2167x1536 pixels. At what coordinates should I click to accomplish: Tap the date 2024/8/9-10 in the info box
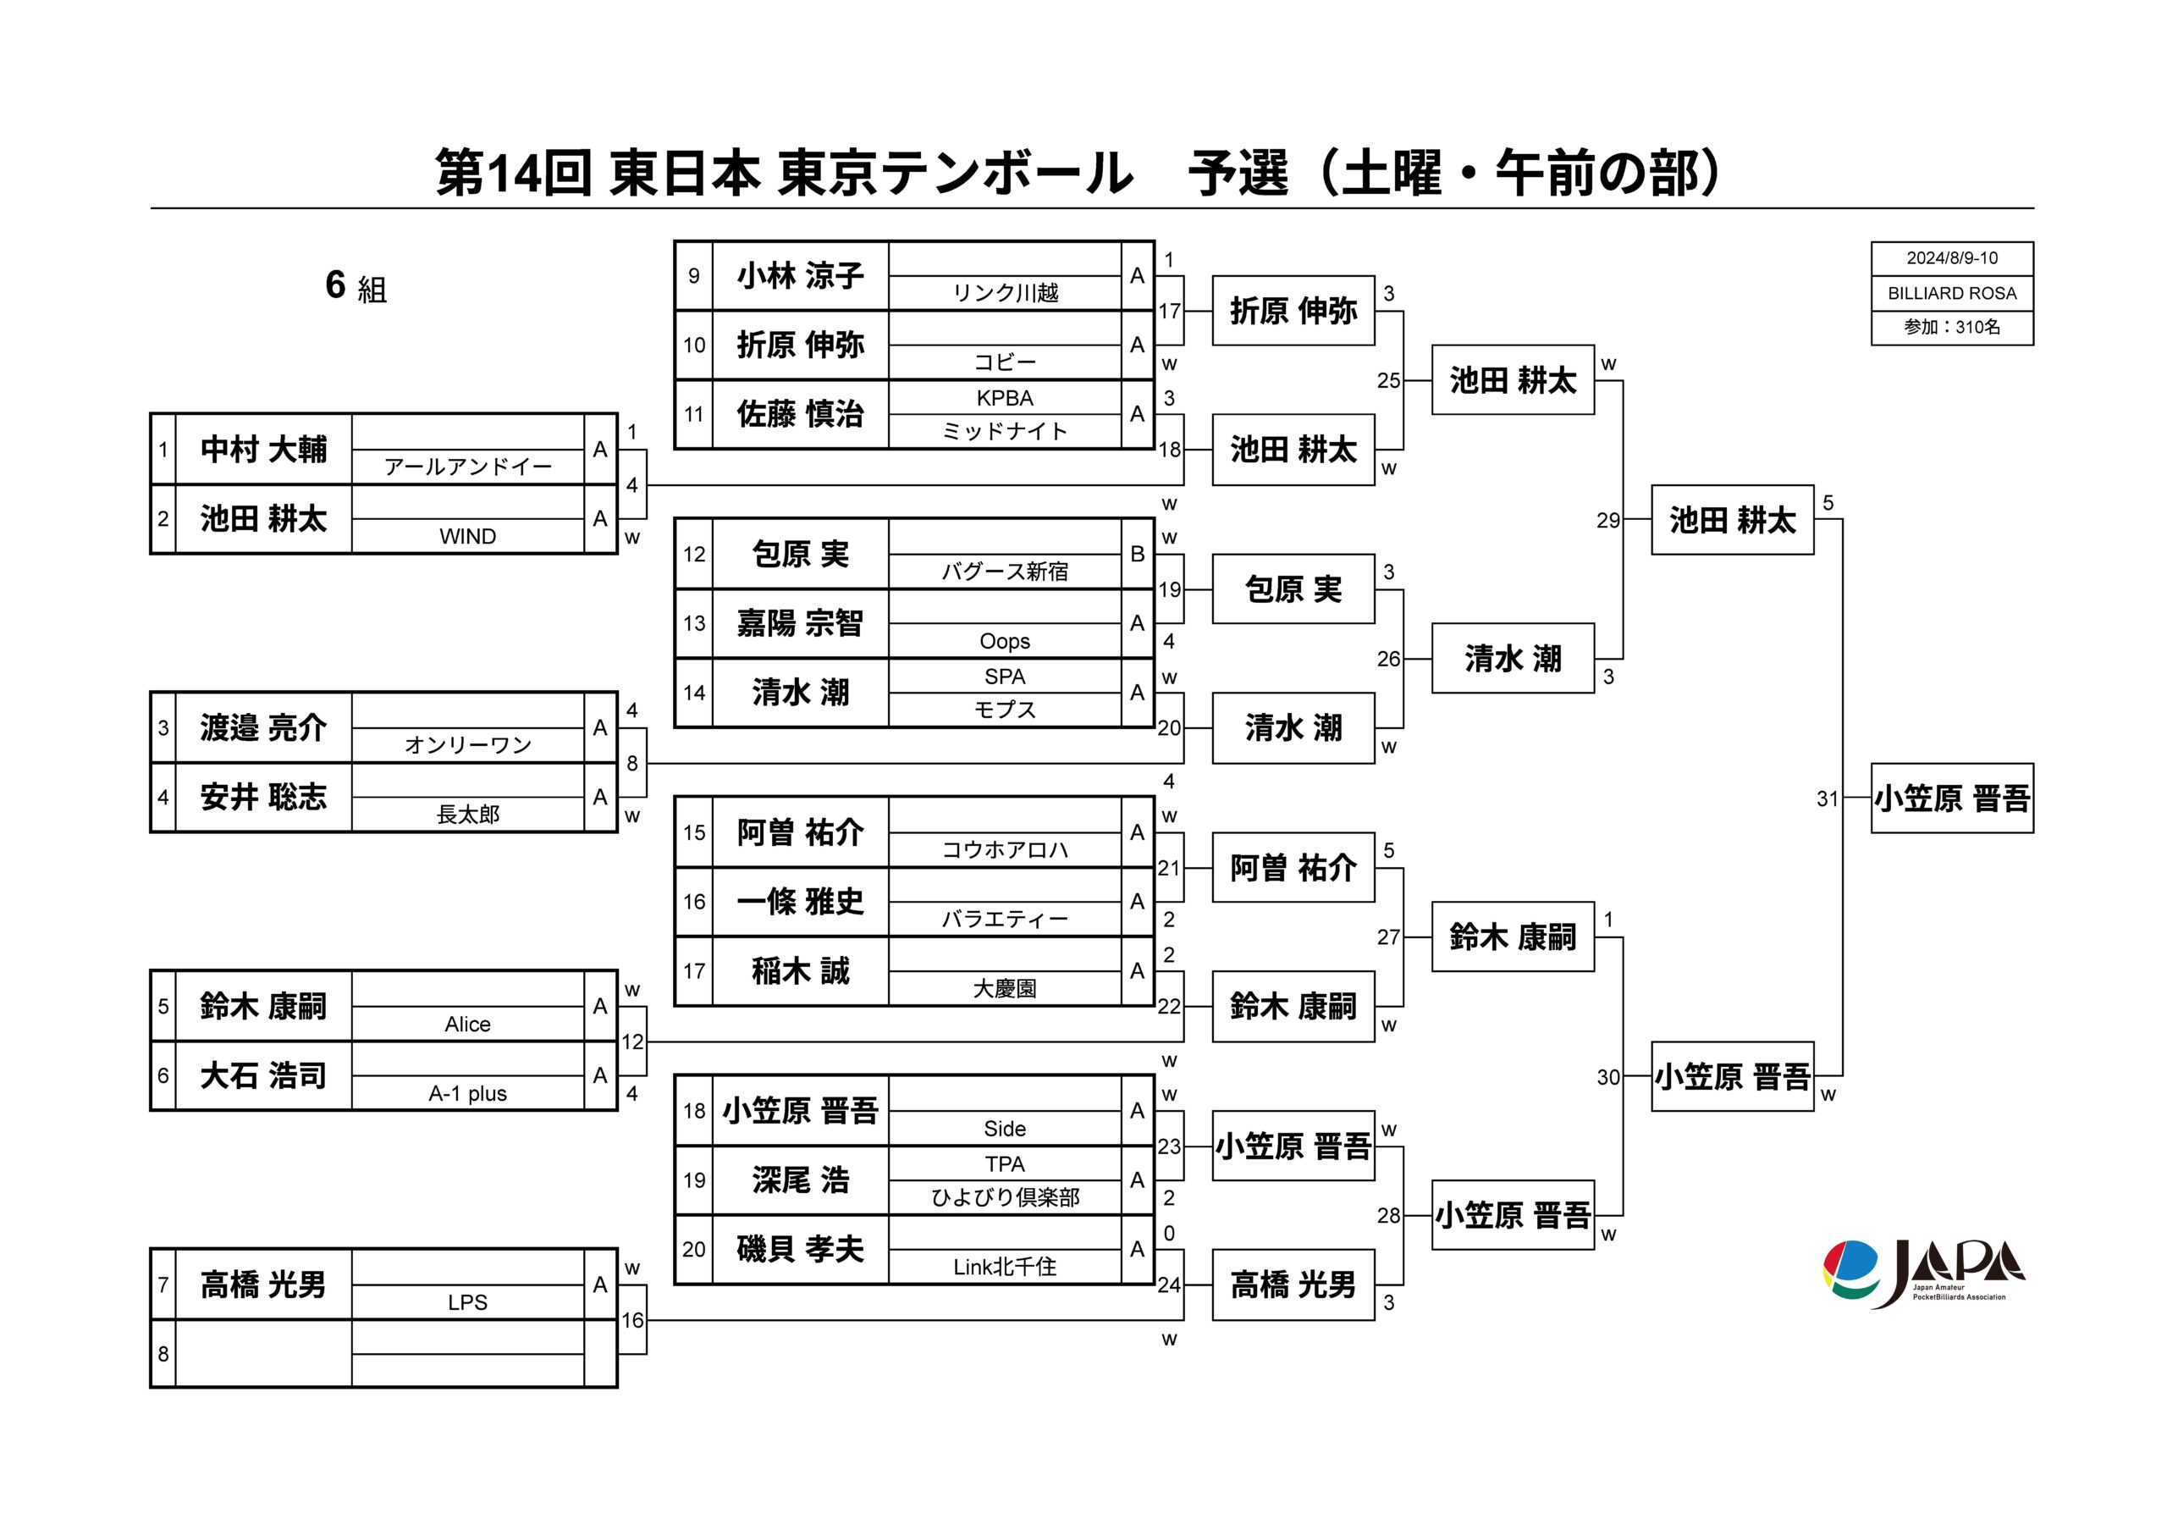[x=1951, y=258]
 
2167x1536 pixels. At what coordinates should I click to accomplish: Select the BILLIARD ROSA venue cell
[x=1951, y=293]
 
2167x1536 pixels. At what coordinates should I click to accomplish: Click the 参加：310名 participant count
[x=1951, y=327]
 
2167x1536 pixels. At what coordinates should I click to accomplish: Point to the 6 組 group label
[x=356, y=285]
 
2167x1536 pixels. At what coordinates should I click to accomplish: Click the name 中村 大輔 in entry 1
[x=264, y=450]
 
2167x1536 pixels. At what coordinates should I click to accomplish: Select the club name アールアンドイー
[x=468, y=467]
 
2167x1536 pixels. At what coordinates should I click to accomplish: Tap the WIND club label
[x=468, y=536]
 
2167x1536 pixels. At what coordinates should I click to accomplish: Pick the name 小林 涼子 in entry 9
[x=801, y=276]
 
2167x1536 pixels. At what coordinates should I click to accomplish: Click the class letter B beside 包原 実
[x=1138, y=555]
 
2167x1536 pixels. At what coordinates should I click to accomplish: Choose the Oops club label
[x=1005, y=641]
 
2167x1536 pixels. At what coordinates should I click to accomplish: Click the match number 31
[x=1827, y=799]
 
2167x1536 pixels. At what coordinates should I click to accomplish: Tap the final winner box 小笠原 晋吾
[x=1951, y=798]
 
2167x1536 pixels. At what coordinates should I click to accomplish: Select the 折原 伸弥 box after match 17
[x=1293, y=311]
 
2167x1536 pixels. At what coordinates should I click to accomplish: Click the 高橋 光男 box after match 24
[x=1293, y=1285]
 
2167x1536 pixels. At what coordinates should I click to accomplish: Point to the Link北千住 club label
[x=1005, y=1268]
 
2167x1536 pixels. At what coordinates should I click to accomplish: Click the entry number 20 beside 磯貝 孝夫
[x=694, y=1250]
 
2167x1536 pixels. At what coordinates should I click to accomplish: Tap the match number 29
[x=1607, y=520]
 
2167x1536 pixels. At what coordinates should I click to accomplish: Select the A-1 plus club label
[x=468, y=1093]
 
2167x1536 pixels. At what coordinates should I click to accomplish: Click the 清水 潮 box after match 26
[x=1513, y=658]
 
